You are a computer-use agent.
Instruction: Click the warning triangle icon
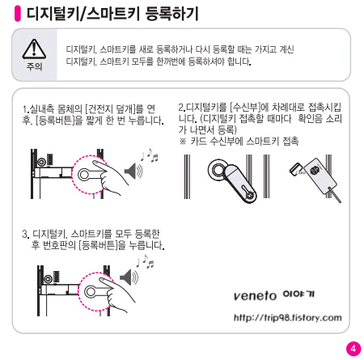pos(34,49)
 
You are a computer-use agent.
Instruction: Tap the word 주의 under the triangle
pos(34,66)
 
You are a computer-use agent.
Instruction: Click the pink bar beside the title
pos(18,13)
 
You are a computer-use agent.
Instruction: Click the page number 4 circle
pos(353,349)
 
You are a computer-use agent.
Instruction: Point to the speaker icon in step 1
pos(133,171)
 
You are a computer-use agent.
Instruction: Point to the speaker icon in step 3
pos(129,277)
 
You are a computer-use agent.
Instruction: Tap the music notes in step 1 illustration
pos(149,155)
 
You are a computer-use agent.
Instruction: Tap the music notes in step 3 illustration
pos(145,261)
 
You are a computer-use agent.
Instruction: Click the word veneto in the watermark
pos(255,296)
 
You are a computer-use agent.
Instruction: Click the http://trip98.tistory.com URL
pos(288,318)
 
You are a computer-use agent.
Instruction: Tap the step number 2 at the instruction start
pos(181,108)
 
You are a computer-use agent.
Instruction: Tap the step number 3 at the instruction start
pos(25,234)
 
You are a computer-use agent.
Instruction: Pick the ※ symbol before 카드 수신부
pos(183,142)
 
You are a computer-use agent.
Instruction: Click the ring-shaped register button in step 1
pos(84,175)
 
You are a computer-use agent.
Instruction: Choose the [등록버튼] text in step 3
pos(99,246)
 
